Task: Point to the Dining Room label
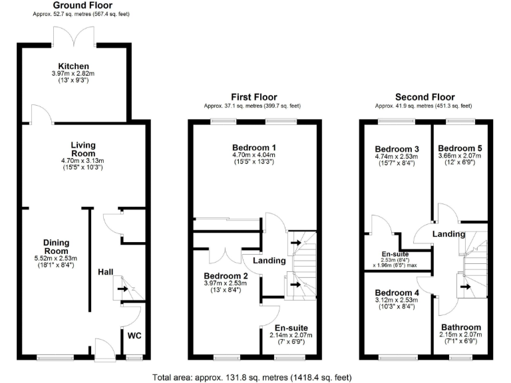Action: (57, 247)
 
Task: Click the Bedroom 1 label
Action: (254, 147)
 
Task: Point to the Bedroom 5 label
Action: (460, 148)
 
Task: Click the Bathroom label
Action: (460, 327)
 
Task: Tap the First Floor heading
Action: (254, 97)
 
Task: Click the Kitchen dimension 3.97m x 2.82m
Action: (73, 74)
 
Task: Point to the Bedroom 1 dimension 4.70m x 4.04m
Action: (254, 155)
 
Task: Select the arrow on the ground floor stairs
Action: (124, 289)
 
